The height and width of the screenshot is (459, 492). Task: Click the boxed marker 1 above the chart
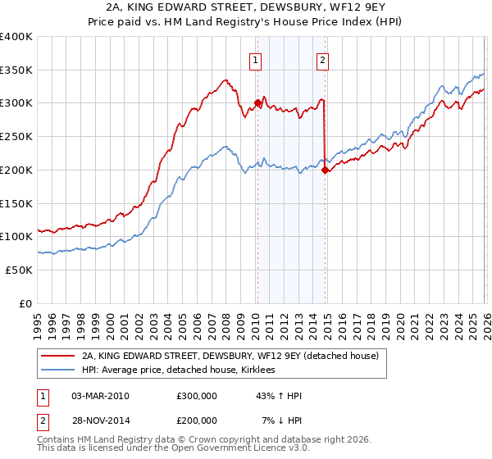[x=256, y=59]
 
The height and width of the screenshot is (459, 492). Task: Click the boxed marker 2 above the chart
[x=323, y=59]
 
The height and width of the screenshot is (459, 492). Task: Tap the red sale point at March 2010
[x=257, y=103]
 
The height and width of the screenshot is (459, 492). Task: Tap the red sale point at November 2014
[x=326, y=170]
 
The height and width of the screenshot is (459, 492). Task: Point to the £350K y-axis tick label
[x=16, y=70]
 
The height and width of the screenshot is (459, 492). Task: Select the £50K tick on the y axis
[x=20, y=270]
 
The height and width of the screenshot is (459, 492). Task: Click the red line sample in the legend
[x=58, y=356]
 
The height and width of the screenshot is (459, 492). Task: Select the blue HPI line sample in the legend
[x=58, y=370]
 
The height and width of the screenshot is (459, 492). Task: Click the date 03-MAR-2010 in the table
[x=100, y=396]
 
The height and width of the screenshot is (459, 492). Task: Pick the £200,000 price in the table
[x=197, y=420]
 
